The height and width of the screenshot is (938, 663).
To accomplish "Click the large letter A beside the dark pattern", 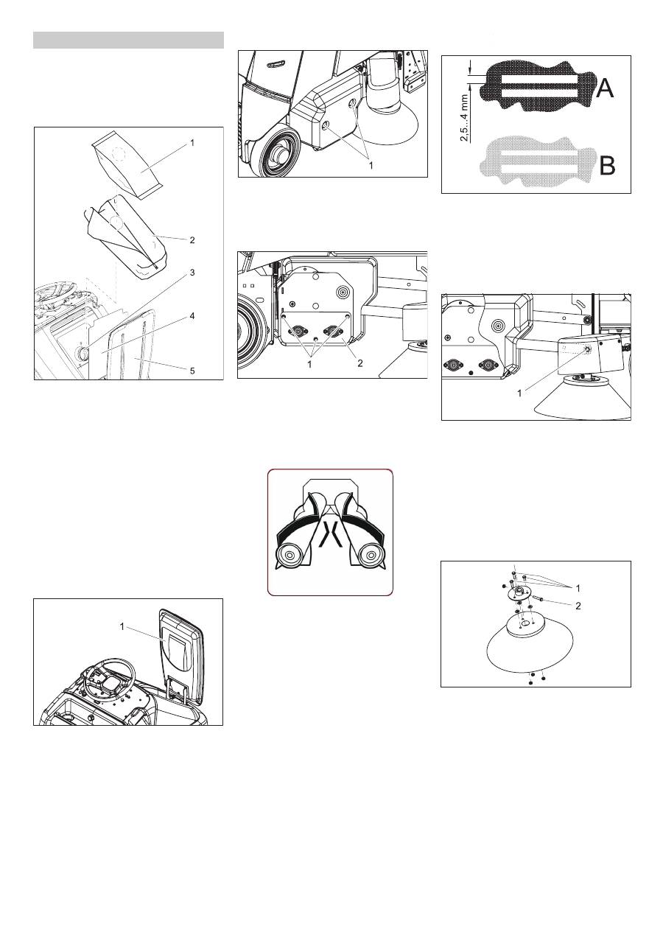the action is [604, 88].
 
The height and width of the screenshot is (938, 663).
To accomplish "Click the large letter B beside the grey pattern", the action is [607, 166].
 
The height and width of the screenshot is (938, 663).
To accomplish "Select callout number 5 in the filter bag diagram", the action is [192, 371].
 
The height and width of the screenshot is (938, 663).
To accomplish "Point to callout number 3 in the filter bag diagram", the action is [192, 273].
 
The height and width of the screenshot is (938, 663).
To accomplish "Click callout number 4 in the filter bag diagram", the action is [192, 316].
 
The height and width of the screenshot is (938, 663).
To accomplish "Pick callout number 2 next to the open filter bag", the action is [192, 240].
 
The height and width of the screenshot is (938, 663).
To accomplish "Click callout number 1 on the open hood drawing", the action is [122, 626].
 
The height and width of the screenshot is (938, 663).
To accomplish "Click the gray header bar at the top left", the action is [128, 41].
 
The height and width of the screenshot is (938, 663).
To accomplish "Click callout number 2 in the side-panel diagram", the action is [360, 363].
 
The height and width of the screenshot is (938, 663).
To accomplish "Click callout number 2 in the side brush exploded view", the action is [578, 606].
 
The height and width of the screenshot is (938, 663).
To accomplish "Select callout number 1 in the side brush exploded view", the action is [578, 588].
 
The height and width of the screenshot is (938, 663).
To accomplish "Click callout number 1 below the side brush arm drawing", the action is [519, 393].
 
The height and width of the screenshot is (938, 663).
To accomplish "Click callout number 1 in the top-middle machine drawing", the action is [371, 166].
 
